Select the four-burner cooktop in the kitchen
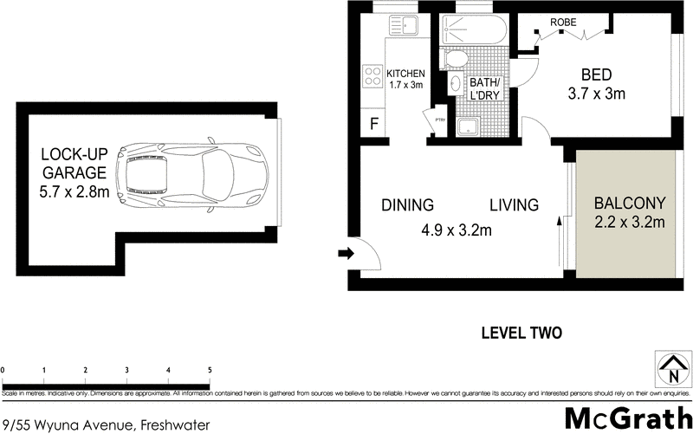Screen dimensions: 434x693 click(372, 77)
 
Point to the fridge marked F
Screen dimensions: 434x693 click(373, 123)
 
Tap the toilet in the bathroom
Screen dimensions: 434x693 click(453, 59)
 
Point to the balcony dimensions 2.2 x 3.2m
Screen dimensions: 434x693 click(629, 223)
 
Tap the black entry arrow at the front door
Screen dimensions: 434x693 click(345, 254)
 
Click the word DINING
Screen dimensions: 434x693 click(407, 205)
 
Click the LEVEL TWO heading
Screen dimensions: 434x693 click(521, 332)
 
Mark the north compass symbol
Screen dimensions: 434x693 click(672, 370)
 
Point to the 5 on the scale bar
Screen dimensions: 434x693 click(210, 371)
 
